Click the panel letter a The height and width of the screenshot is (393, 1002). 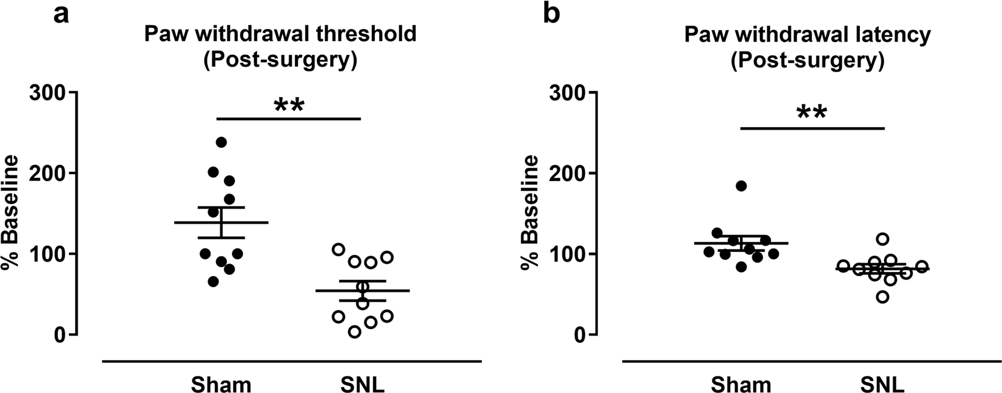pos(60,14)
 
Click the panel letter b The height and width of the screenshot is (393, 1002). pos(551,14)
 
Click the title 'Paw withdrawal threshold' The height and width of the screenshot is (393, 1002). pos(280,34)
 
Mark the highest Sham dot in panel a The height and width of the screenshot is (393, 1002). pos(221,142)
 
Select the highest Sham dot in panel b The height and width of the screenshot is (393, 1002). pos(741,186)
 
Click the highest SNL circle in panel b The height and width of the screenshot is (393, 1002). pos(882,238)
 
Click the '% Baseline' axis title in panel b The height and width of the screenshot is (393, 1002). pos(529,213)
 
